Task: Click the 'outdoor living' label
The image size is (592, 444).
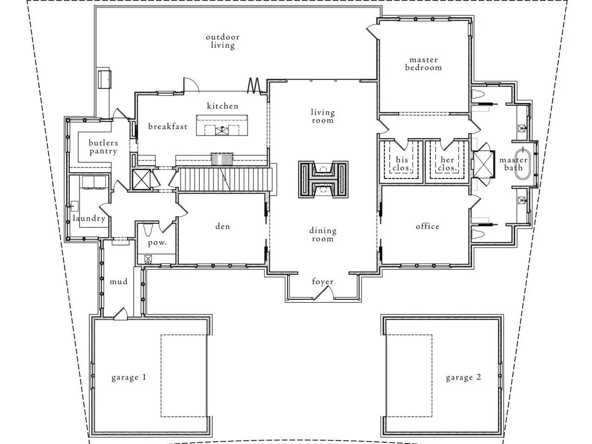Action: pyautogui.click(x=222, y=41)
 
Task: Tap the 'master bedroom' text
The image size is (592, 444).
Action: pyautogui.click(x=424, y=64)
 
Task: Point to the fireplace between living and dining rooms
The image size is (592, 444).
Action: pyautogui.click(x=323, y=179)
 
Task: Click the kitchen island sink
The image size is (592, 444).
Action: pyautogui.click(x=222, y=131)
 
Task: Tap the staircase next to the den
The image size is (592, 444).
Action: pyautogui.click(x=225, y=179)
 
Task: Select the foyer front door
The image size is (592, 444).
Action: pyautogui.click(x=323, y=293)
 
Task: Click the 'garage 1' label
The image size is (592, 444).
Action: pyautogui.click(x=129, y=377)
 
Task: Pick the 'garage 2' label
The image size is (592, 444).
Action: pyautogui.click(x=463, y=377)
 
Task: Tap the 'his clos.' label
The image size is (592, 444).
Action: pyautogui.click(x=402, y=164)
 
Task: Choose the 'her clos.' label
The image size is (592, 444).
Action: pyautogui.click(x=447, y=164)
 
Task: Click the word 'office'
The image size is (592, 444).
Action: pyautogui.click(x=427, y=226)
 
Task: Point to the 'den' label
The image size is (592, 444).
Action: pyautogui.click(x=223, y=226)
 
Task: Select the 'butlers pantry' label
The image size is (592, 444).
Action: pyautogui.click(x=103, y=147)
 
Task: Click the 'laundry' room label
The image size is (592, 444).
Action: pyautogui.click(x=89, y=218)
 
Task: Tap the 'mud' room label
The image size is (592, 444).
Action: pyautogui.click(x=119, y=282)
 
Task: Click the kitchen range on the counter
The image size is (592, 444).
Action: pyautogui.click(x=222, y=159)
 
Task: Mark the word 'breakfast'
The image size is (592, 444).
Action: pyautogui.click(x=168, y=126)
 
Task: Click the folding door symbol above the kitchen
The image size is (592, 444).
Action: pyautogui.click(x=254, y=86)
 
